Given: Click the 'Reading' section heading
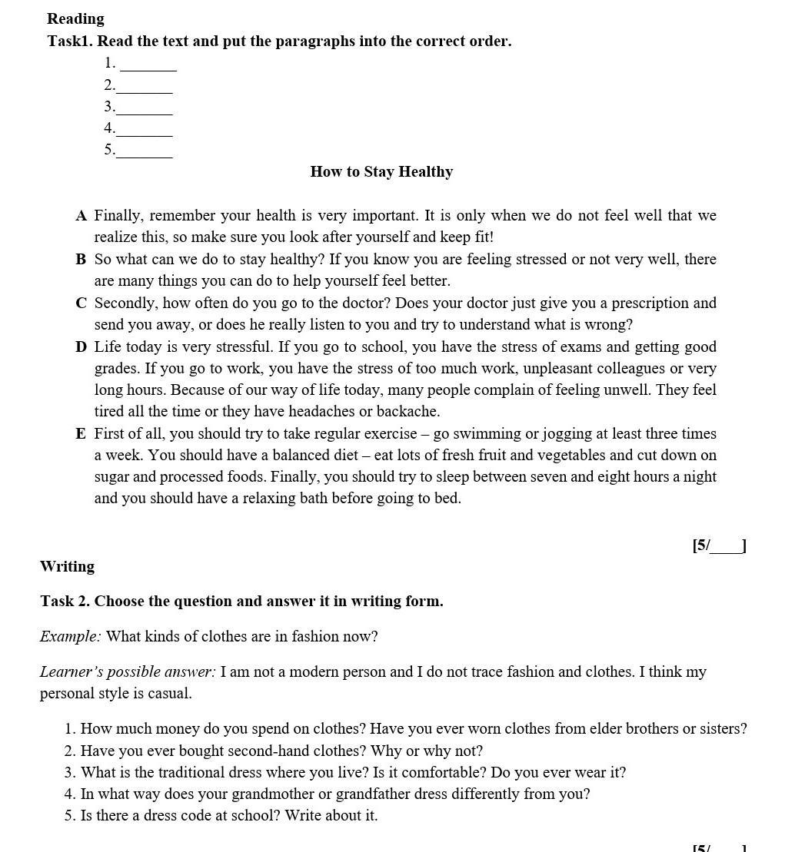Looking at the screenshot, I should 75,19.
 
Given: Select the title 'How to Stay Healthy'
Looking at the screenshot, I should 381,172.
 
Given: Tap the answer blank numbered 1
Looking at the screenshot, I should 148,65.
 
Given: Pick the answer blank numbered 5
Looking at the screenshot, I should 144,151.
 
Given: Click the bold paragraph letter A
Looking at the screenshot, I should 81,216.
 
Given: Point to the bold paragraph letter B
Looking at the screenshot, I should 81,260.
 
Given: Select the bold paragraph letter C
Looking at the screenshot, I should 81,303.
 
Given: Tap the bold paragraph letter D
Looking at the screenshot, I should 81,347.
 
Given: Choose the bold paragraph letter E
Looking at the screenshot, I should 81,434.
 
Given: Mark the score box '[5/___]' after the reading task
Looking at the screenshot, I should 719,546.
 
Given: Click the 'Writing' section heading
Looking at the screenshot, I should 67,567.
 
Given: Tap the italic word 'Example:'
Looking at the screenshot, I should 70,637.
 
